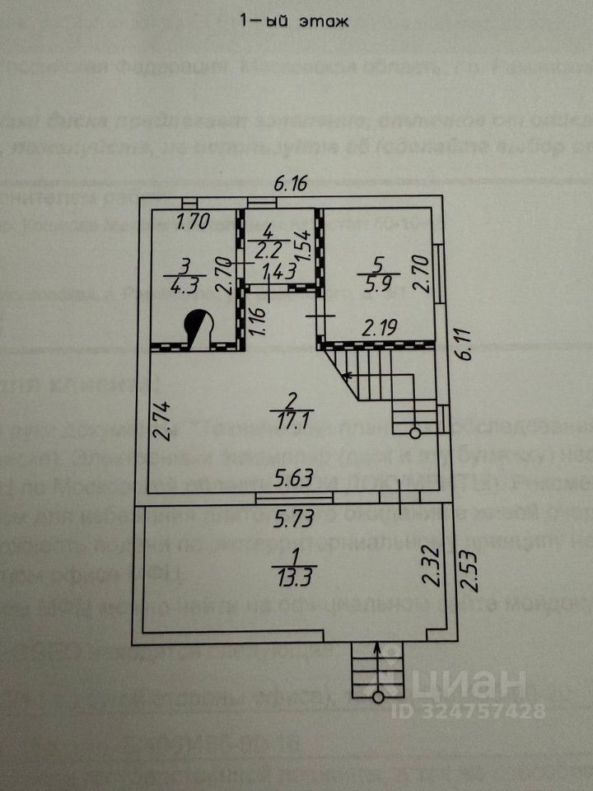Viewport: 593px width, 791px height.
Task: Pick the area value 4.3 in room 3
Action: [184, 289]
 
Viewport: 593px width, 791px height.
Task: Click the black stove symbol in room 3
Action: [198, 327]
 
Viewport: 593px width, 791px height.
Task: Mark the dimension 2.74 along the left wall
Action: [161, 420]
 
